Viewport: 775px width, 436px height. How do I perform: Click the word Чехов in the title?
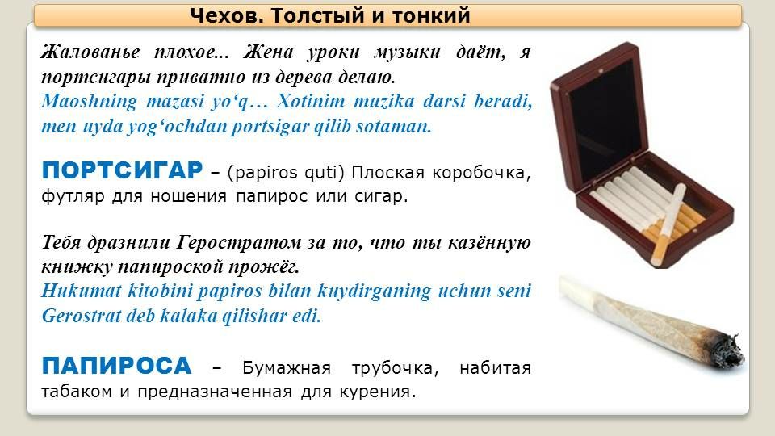click(x=226, y=16)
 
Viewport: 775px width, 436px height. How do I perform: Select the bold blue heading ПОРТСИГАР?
click(x=122, y=170)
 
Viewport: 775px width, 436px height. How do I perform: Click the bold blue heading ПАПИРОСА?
click(x=116, y=366)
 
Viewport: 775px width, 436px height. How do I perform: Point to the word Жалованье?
click(x=90, y=52)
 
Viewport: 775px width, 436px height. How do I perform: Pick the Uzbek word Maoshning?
click(x=90, y=102)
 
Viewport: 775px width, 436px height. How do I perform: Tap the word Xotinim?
click(x=310, y=102)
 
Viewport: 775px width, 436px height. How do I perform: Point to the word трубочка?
click(x=395, y=368)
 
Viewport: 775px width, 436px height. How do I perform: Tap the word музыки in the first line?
click(x=407, y=52)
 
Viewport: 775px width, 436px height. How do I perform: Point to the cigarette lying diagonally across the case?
click(x=668, y=224)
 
